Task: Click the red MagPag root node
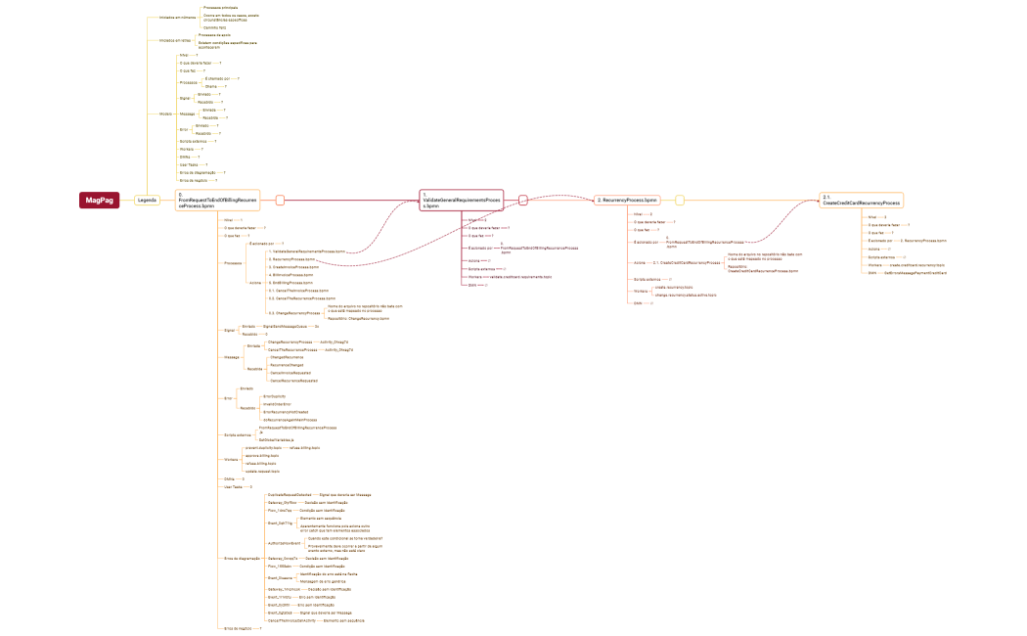[100, 200]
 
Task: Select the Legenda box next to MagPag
[147, 200]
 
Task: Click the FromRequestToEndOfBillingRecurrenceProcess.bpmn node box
[217, 200]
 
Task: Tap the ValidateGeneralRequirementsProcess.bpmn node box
[462, 200]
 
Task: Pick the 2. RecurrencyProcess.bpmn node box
[627, 200]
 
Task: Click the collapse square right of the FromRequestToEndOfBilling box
[280, 200]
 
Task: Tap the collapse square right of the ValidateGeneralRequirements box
[522, 200]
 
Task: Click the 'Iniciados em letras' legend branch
[174, 40]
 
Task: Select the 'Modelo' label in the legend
[165, 114]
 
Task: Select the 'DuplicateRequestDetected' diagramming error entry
[290, 495]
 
